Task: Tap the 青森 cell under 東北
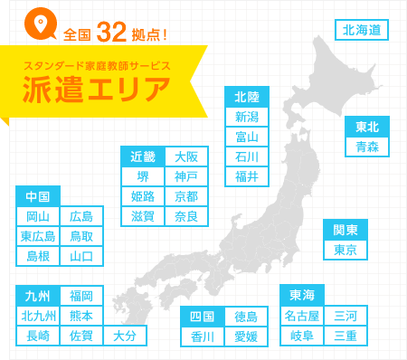click(x=367, y=146)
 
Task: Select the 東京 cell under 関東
click(x=345, y=250)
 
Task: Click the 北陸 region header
click(x=246, y=97)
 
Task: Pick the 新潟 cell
click(x=246, y=117)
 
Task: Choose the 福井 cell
click(x=246, y=175)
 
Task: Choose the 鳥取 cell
click(x=81, y=236)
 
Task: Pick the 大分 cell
click(x=125, y=336)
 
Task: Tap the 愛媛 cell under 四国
click(x=245, y=336)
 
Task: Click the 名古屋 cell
click(x=301, y=316)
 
